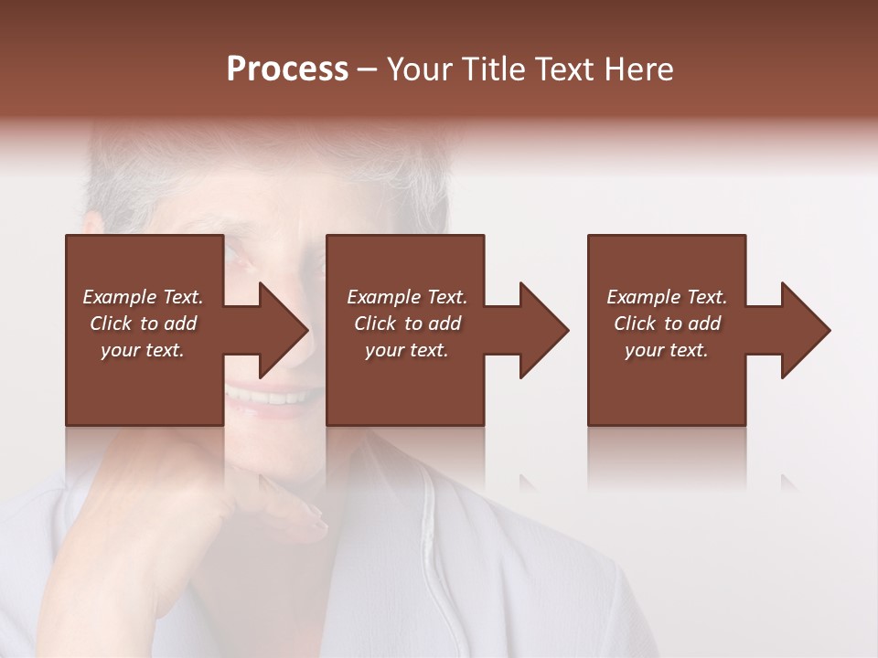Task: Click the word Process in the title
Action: (x=287, y=69)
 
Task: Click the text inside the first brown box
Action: (x=143, y=324)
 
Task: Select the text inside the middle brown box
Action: (x=406, y=324)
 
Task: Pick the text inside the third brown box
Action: (x=667, y=324)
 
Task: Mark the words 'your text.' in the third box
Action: (x=667, y=350)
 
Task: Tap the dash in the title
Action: (x=367, y=69)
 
